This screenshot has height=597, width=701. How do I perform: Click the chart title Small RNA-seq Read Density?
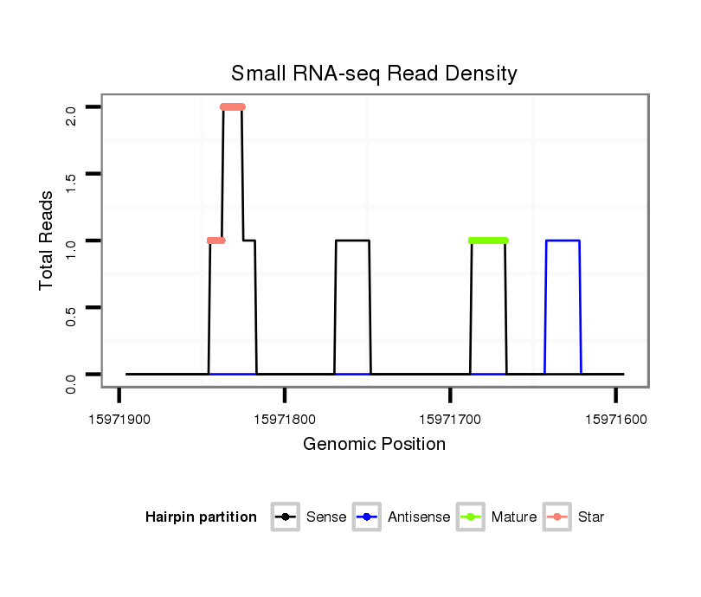374,74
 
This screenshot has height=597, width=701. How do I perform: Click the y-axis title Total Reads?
48,241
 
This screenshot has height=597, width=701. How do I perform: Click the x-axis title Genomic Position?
374,445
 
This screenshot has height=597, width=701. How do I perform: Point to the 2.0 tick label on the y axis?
72,114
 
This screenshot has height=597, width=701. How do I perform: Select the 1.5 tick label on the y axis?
72,181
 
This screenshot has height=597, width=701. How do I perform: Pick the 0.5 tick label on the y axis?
72,314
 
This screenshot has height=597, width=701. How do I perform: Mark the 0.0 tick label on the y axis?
72,382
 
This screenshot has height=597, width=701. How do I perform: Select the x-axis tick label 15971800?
285,420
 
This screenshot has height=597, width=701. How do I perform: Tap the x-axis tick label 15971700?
450,420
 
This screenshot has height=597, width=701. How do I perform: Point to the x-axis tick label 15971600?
615,420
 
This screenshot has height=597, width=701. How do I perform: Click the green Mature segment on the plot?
488,241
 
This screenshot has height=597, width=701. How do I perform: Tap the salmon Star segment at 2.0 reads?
233,107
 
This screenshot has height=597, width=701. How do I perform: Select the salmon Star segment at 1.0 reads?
216,241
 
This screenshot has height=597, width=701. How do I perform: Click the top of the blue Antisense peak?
563,241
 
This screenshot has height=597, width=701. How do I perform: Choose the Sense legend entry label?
326,517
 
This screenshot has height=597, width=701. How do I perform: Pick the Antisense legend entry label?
419,517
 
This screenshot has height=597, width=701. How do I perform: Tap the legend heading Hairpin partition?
201,517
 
